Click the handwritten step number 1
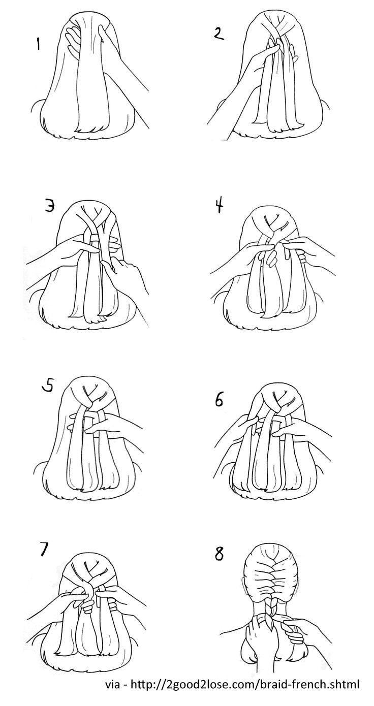[x=38, y=44]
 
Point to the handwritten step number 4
[x=220, y=207]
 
